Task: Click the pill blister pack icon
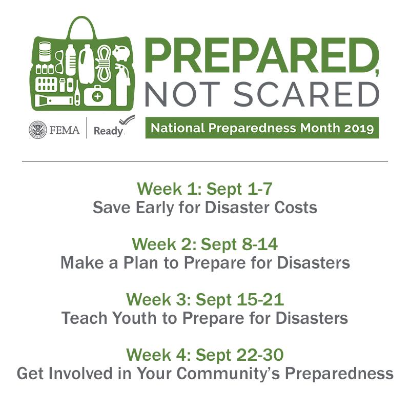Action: [47, 83]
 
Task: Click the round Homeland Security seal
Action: [38, 130]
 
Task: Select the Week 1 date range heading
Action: [204, 189]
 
